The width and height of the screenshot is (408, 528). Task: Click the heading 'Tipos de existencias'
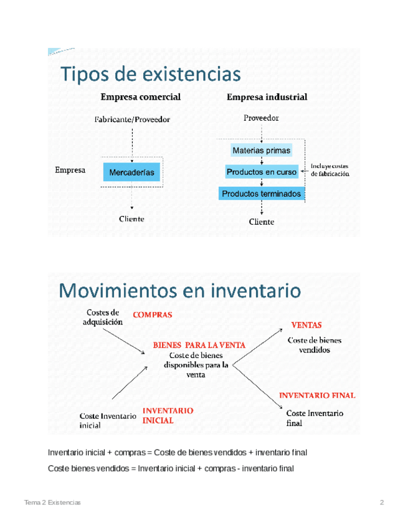click(150, 75)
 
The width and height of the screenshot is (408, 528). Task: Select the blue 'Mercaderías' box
click(131, 172)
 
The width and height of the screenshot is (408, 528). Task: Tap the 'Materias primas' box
click(261, 151)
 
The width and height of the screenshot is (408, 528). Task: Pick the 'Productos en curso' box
click(261, 172)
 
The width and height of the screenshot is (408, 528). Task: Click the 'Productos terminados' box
click(261, 194)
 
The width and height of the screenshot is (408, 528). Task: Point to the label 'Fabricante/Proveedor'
click(132, 120)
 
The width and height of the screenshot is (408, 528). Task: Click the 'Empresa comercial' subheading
click(141, 97)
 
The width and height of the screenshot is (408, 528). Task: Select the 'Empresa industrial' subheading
click(267, 97)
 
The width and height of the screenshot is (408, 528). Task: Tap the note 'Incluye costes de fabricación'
click(330, 171)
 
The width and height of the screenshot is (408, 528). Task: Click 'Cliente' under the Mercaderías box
click(131, 219)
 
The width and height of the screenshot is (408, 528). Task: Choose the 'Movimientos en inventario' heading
click(180, 290)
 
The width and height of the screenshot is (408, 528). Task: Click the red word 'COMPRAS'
click(152, 315)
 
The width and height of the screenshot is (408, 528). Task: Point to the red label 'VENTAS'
click(306, 325)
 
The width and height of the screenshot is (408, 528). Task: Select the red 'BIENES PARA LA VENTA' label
click(199, 344)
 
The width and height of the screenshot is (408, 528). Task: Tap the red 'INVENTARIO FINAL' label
click(316, 395)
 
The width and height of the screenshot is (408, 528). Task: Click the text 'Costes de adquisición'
click(103, 317)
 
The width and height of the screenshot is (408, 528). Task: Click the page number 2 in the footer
click(382, 502)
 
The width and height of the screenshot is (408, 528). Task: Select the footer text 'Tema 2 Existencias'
click(52, 502)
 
